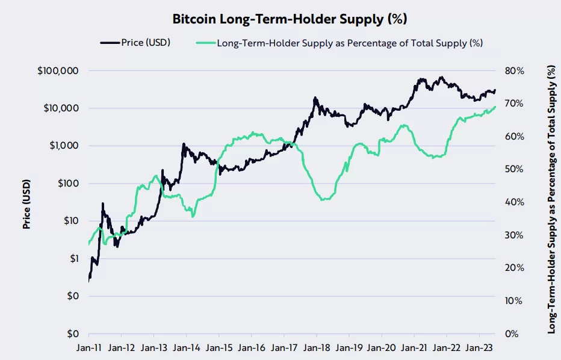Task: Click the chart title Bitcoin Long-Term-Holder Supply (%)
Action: click(290, 19)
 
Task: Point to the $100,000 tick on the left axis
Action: click(58, 71)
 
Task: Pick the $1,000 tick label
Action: click(63, 146)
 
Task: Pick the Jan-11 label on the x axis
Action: click(88, 347)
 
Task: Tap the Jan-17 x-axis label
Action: click(284, 347)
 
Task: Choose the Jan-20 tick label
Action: click(381, 347)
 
